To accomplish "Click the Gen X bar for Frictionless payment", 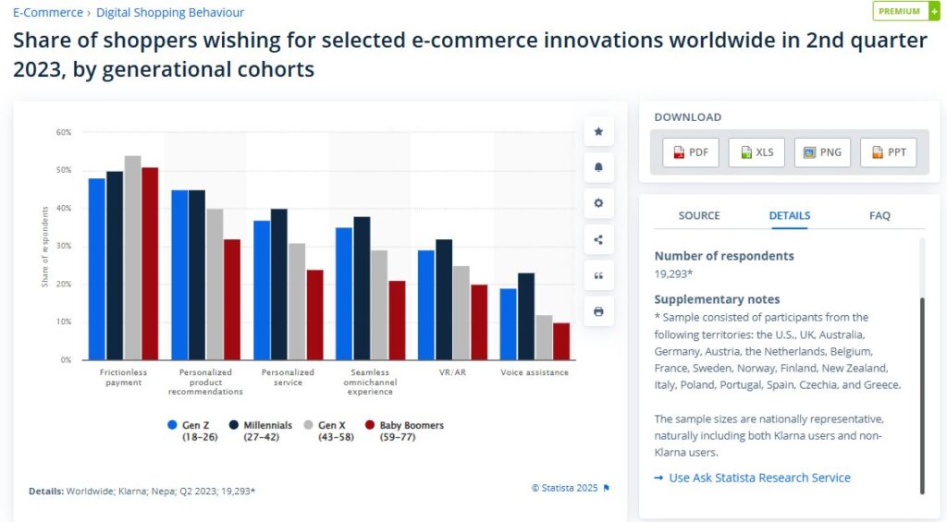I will point(132,258).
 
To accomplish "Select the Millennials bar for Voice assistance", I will point(526,316).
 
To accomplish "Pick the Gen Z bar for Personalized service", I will point(262,290).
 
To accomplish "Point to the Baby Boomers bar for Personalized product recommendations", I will point(232,299).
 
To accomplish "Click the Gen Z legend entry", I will point(190,431).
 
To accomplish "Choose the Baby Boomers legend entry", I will point(404,431).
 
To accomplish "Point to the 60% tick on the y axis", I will point(63,132).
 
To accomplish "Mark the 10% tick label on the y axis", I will point(63,322).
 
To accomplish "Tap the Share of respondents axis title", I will point(44,247).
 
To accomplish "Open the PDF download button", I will point(691,152).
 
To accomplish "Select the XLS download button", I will point(756,152).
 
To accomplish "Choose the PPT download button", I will point(888,152).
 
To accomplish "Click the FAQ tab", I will point(879,215).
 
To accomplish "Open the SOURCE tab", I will point(699,215).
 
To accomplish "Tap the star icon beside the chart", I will point(598,132).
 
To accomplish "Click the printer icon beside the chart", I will point(598,311).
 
